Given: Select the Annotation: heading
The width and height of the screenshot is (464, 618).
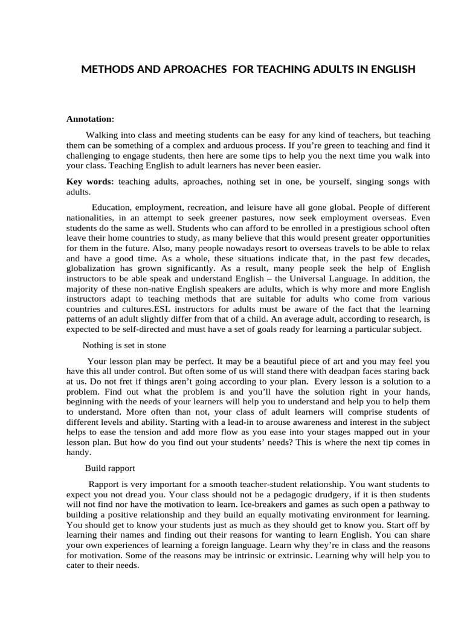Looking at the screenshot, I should click(90, 119).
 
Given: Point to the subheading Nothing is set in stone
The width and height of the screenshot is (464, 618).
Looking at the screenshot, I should click(124, 345).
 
